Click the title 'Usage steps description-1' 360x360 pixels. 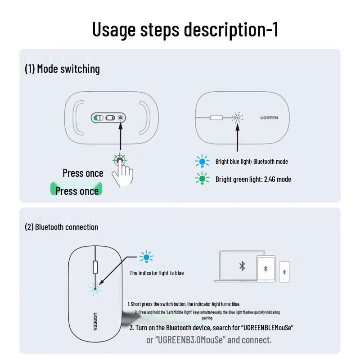[x=185, y=29]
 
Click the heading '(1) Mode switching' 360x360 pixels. [x=62, y=69]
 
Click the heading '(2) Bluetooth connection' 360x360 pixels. [x=61, y=227]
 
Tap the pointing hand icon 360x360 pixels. [x=122, y=174]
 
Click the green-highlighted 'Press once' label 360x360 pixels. [x=77, y=191]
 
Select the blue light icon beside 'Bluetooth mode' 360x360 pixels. [x=202, y=162]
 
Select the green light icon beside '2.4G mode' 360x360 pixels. [x=202, y=179]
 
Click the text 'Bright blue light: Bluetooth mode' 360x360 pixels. [x=252, y=162]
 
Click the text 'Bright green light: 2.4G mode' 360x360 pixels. [x=253, y=179]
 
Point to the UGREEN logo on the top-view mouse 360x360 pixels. [x=269, y=118]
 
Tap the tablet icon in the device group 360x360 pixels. [x=265, y=269]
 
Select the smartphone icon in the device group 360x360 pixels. [x=284, y=272]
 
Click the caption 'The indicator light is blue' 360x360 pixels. [x=157, y=273]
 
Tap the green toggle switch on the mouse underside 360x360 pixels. [x=98, y=118]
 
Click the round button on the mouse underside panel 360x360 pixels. [x=121, y=118]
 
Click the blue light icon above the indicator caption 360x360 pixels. [x=146, y=257]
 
